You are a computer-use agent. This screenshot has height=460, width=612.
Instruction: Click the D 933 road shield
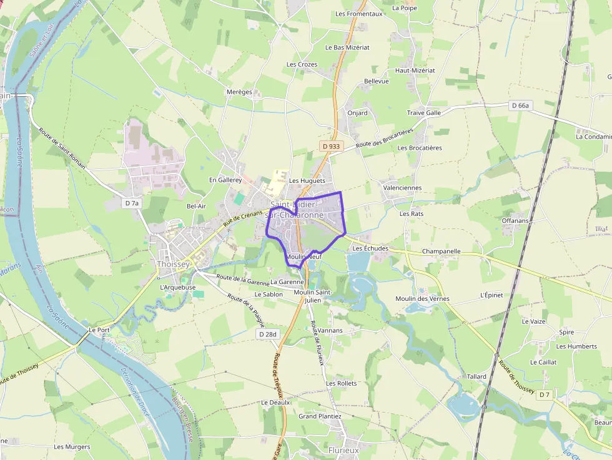tap(332, 146)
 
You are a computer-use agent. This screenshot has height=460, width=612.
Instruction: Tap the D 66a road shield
tap(520, 105)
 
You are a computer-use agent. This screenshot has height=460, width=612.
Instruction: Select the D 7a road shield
tap(131, 203)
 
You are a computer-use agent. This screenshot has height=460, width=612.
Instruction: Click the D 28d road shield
tap(267, 335)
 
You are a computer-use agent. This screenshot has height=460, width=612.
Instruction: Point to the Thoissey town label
tap(174, 264)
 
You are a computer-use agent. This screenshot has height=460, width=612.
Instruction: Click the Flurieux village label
tap(343, 449)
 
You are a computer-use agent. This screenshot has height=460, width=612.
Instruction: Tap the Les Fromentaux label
tap(358, 13)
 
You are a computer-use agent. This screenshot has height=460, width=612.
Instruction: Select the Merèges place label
tap(239, 92)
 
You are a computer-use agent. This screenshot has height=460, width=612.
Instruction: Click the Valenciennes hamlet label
tap(402, 187)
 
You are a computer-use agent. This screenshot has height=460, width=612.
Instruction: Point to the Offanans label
tap(515, 220)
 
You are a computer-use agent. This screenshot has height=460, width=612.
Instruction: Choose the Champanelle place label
tap(441, 251)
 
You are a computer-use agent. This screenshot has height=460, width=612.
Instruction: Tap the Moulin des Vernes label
tap(422, 298)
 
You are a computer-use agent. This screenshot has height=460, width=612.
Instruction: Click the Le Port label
tap(99, 330)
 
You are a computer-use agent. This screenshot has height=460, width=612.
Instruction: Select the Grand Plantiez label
tap(320, 416)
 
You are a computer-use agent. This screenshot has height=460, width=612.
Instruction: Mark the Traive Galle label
tap(424, 113)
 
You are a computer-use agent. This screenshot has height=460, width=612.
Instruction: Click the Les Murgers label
tap(72, 446)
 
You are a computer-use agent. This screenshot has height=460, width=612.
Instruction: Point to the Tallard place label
tap(476, 376)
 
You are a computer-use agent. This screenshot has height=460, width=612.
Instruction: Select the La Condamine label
tap(593, 136)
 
